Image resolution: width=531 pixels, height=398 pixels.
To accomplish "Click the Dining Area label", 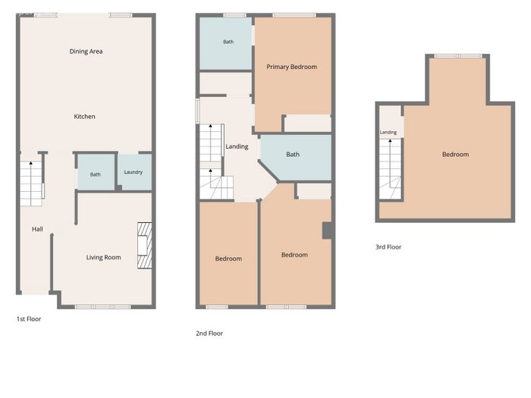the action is pyautogui.click(x=86, y=52).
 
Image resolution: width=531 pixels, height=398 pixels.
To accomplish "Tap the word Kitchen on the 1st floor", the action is pyautogui.click(x=85, y=117).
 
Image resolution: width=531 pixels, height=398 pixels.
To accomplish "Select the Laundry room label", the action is pyautogui.click(x=134, y=172).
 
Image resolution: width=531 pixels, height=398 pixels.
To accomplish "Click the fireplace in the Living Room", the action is pyautogui.click(x=145, y=246).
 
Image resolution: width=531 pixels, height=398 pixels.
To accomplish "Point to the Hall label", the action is pyautogui.click(x=37, y=229).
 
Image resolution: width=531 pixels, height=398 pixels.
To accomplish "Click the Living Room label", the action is pyautogui.click(x=104, y=257).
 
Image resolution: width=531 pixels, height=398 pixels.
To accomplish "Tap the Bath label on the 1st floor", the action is pyautogui.click(x=95, y=174).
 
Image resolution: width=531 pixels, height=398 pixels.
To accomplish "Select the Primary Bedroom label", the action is pyautogui.click(x=292, y=67).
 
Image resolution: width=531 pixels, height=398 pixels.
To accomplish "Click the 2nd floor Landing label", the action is pyautogui.click(x=237, y=146).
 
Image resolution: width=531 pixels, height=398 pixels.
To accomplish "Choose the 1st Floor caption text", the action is pyautogui.click(x=29, y=319).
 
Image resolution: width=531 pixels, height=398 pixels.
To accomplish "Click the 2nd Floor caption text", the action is pyautogui.click(x=209, y=334).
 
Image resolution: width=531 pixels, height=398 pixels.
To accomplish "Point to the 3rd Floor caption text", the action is pyautogui.click(x=388, y=247).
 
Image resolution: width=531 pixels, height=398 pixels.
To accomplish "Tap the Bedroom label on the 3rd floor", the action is pyautogui.click(x=455, y=155).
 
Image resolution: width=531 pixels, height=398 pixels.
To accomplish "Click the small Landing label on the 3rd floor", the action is pyautogui.click(x=388, y=133).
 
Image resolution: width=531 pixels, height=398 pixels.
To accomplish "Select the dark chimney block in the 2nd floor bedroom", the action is pyautogui.click(x=327, y=230).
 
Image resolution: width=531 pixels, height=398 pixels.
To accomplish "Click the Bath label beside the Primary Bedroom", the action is pyautogui.click(x=228, y=42).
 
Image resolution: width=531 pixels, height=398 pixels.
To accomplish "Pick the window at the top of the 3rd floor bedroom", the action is pyautogui.click(x=458, y=56).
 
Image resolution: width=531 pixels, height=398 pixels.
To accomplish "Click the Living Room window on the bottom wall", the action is pyautogui.click(x=102, y=307).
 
